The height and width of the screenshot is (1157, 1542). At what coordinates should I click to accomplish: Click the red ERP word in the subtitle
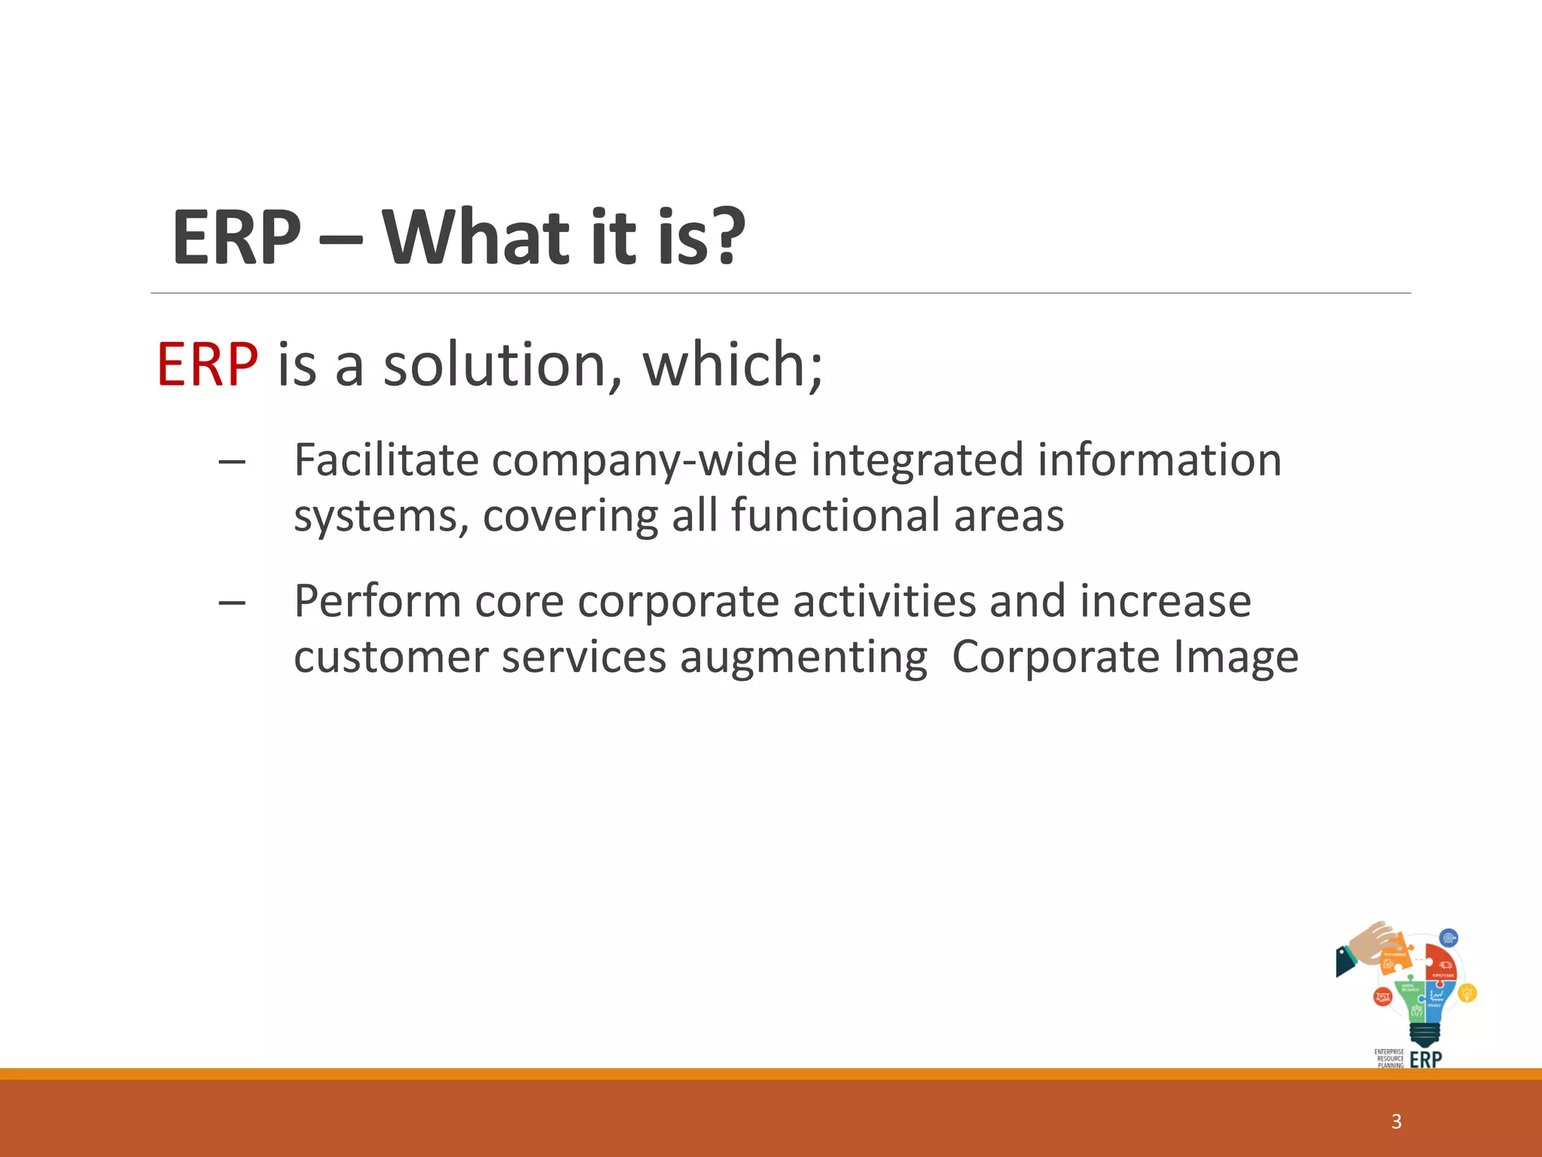[207, 365]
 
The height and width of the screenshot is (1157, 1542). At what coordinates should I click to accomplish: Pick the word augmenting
[803, 658]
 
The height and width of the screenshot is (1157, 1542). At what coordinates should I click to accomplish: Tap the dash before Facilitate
[231, 461]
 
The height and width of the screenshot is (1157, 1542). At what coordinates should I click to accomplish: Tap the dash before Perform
[231, 603]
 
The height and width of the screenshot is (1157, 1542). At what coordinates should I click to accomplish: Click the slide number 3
[1396, 1122]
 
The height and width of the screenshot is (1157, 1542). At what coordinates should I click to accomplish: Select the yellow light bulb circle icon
[1467, 994]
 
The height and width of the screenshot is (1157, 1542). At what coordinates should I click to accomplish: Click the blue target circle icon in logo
[1449, 939]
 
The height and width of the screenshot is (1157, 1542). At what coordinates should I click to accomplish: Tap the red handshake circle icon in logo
[1382, 997]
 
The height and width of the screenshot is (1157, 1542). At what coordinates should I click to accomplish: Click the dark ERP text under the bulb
[1425, 1059]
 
